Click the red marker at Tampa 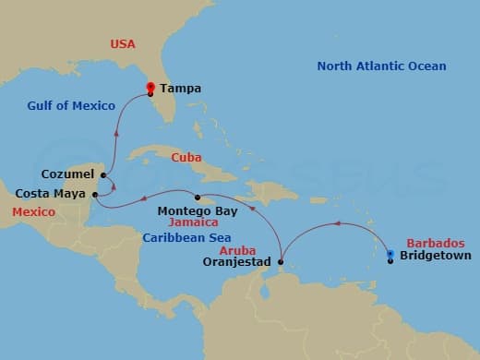click(x=150, y=88)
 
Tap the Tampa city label click(x=180, y=90)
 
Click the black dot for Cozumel click(x=102, y=174)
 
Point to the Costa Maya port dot click(x=95, y=195)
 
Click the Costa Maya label click(x=52, y=195)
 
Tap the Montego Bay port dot click(x=197, y=198)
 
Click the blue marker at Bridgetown click(x=390, y=253)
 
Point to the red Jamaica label click(x=193, y=223)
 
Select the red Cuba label click(x=186, y=158)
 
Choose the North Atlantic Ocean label click(x=381, y=66)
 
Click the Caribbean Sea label click(x=186, y=237)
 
